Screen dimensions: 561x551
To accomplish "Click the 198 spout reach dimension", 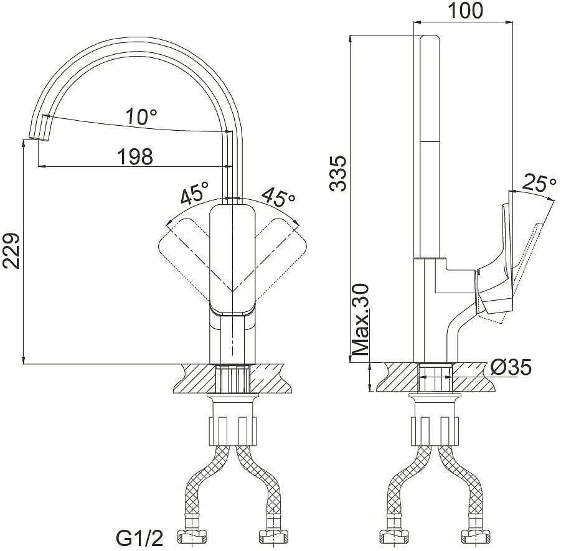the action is (135, 156).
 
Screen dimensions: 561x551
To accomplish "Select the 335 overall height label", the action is (338, 173).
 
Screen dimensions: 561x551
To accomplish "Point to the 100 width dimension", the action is (465, 11).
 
